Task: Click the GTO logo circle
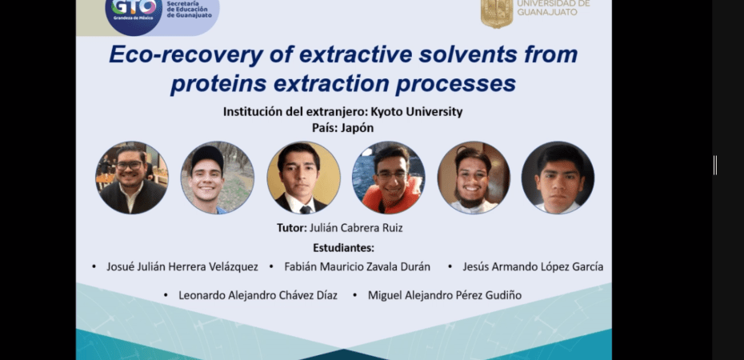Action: (x=134, y=14)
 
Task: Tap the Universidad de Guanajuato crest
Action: (x=497, y=14)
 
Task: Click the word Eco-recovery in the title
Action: (x=186, y=55)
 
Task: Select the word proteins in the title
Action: (x=218, y=84)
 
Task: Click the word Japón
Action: (x=357, y=128)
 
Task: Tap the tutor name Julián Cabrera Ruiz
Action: (x=356, y=228)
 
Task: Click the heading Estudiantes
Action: (x=343, y=247)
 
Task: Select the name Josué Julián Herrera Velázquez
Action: (x=182, y=266)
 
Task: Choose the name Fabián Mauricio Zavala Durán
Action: (x=358, y=266)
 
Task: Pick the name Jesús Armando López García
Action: (x=533, y=266)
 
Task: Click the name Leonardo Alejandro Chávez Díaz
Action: (x=258, y=295)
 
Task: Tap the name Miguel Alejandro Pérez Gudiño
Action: (x=445, y=295)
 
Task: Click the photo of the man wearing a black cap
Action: (x=218, y=178)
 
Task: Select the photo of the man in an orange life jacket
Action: (x=389, y=178)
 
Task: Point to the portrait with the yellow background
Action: (x=303, y=178)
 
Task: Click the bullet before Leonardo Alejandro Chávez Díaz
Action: (x=166, y=295)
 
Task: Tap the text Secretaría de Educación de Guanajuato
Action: (x=190, y=10)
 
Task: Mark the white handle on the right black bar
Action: (x=715, y=166)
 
